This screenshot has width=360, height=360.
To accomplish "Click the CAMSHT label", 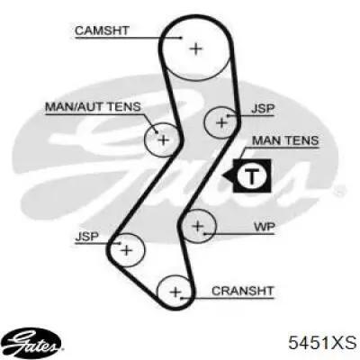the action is pos(102,31).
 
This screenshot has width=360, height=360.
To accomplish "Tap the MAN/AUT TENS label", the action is pos(93,107).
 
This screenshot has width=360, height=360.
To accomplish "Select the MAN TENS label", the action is pos(285,140).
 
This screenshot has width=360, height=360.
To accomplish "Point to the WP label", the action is pos(264,227).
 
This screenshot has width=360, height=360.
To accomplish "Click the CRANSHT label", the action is pos(243,291).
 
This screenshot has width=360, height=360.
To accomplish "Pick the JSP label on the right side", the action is pos(263,109).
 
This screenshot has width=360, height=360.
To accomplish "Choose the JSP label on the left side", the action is pos(86,237).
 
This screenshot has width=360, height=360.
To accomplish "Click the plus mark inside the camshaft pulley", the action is pos(196,49).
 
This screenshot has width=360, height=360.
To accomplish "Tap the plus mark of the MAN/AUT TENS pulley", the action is pos(164,139).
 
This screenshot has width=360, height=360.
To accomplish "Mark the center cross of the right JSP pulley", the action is pos(221,122).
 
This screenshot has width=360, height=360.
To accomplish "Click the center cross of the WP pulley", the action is pos(198,226).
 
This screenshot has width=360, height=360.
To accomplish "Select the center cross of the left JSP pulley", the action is pos(127,250).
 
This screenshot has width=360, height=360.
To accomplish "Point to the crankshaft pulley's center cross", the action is pos(175,292).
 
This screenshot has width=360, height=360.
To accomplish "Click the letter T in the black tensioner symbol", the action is pos(252,176).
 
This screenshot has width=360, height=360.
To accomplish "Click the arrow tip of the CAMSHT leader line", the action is pos(181,38).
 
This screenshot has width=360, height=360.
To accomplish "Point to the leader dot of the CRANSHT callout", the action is pos(181,299).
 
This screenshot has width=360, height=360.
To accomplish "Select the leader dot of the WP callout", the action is pos(204,233).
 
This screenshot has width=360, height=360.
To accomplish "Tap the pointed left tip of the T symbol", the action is pos(222,175).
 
